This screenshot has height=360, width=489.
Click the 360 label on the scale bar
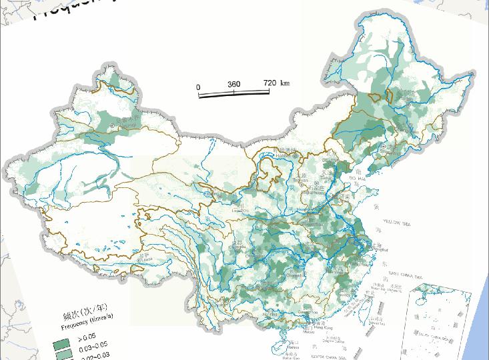[233, 85]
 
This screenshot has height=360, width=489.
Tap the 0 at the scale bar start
[198, 87]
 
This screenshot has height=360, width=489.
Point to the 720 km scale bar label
[276, 83]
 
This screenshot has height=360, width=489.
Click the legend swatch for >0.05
[62, 343]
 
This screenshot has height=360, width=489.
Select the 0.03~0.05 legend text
[93, 345]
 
